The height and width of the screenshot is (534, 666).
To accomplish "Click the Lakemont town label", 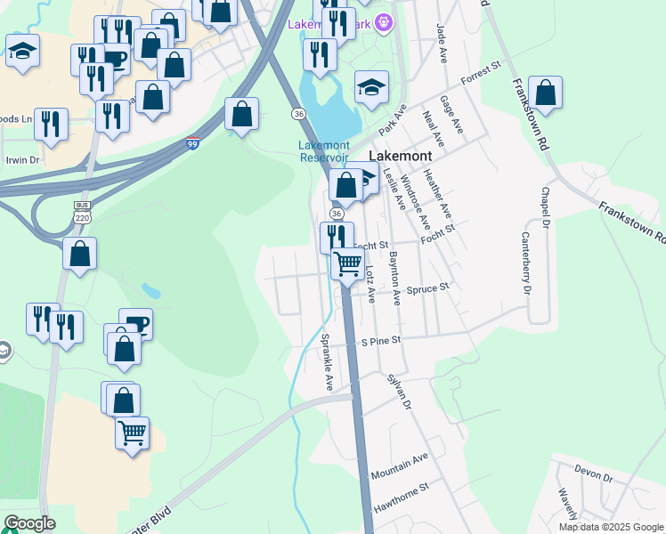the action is click(x=401, y=155).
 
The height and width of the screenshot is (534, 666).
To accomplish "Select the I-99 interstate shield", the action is click(x=193, y=142).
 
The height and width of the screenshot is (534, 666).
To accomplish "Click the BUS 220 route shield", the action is click(x=82, y=211).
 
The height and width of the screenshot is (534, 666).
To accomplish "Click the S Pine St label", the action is click(x=381, y=341).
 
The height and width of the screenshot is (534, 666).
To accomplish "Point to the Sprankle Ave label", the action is click(x=327, y=362).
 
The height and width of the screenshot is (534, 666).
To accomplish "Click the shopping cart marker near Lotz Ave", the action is click(x=348, y=263).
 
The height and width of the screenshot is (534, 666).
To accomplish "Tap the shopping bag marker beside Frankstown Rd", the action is click(x=546, y=93).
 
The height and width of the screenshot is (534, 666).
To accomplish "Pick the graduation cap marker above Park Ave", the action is click(x=371, y=86).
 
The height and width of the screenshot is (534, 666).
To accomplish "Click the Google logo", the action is click(x=29, y=523).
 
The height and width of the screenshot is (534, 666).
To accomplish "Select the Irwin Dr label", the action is click(x=23, y=160).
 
